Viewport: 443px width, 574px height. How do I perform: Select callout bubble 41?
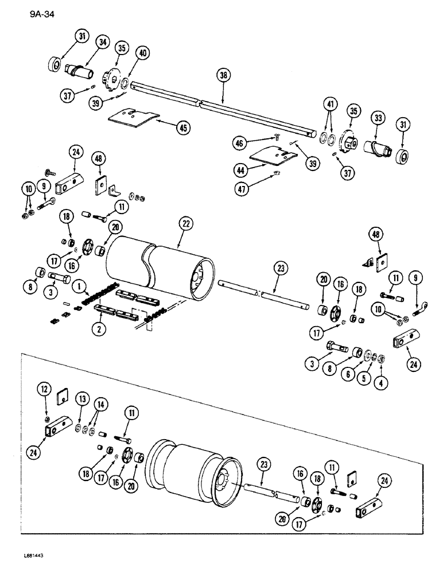(329, 106)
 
